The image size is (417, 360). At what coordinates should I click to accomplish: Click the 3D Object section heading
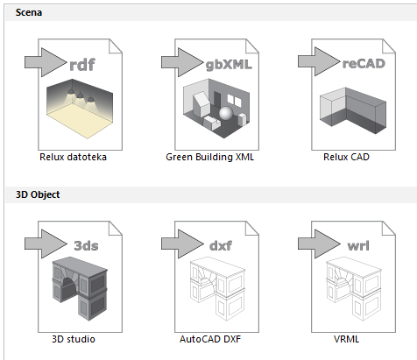38,194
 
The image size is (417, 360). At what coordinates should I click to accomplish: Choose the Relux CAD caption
346,158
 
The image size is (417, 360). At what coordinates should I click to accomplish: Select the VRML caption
346,337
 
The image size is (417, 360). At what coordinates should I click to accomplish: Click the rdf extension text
84,63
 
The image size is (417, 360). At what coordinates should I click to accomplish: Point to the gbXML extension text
227,63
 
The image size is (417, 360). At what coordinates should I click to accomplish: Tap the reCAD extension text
363,63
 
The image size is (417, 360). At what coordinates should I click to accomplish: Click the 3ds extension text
86,245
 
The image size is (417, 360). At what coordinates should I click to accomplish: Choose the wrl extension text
359,245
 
